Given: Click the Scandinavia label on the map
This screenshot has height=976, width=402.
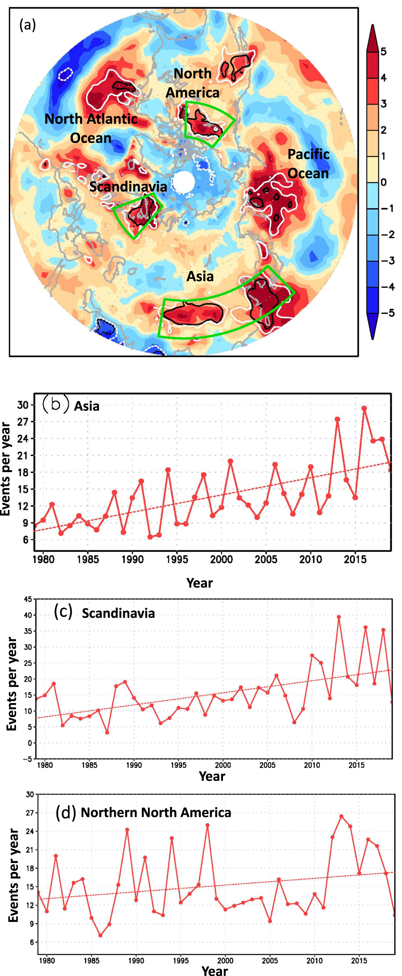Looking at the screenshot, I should coord(128,187).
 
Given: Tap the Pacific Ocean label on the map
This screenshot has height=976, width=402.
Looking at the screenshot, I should coord(308,164).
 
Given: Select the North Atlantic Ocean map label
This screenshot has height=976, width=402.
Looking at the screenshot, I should coord(91,128).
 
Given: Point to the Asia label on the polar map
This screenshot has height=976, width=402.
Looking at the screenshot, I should coord(200,276).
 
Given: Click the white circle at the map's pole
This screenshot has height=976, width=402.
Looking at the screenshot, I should coord(184,182).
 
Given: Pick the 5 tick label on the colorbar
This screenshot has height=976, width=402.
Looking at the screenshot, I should coord(383,51).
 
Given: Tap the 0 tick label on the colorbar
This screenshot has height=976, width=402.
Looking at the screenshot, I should coord(383,182).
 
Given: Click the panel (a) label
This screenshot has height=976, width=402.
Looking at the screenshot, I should coord(28,25).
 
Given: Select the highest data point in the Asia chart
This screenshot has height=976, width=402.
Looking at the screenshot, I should coord(364,408).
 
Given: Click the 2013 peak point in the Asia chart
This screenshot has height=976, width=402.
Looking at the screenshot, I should coord(337,419).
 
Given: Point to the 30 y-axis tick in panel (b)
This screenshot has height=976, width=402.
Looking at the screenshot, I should coord(23,405).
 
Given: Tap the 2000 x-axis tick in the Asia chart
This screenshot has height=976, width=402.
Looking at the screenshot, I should coord(222,559).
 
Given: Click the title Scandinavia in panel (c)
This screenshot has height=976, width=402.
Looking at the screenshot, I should coord(118,613).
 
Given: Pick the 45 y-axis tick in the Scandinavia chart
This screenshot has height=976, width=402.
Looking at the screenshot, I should coord(28,599).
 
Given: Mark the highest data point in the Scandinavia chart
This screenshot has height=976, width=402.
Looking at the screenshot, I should coord(339,617).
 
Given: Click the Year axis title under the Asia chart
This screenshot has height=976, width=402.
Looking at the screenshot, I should coord(199,583).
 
